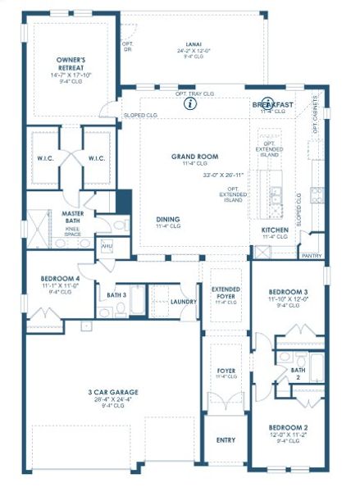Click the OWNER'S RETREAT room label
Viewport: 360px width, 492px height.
point(72,64)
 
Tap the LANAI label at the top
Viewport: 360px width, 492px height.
point(195,44)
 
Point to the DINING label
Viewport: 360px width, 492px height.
point(169,219)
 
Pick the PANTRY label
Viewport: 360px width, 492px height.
point(311,256)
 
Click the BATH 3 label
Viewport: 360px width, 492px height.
point(116,294)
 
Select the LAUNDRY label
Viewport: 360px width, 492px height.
point(184,302)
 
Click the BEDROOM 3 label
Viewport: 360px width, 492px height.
point(288,292)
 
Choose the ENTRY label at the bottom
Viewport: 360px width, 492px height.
point(226,440)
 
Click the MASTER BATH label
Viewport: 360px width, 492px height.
point(75,216)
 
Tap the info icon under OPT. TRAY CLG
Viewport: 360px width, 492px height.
point(190,104)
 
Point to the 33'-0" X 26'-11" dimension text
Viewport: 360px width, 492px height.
point(225,175)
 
